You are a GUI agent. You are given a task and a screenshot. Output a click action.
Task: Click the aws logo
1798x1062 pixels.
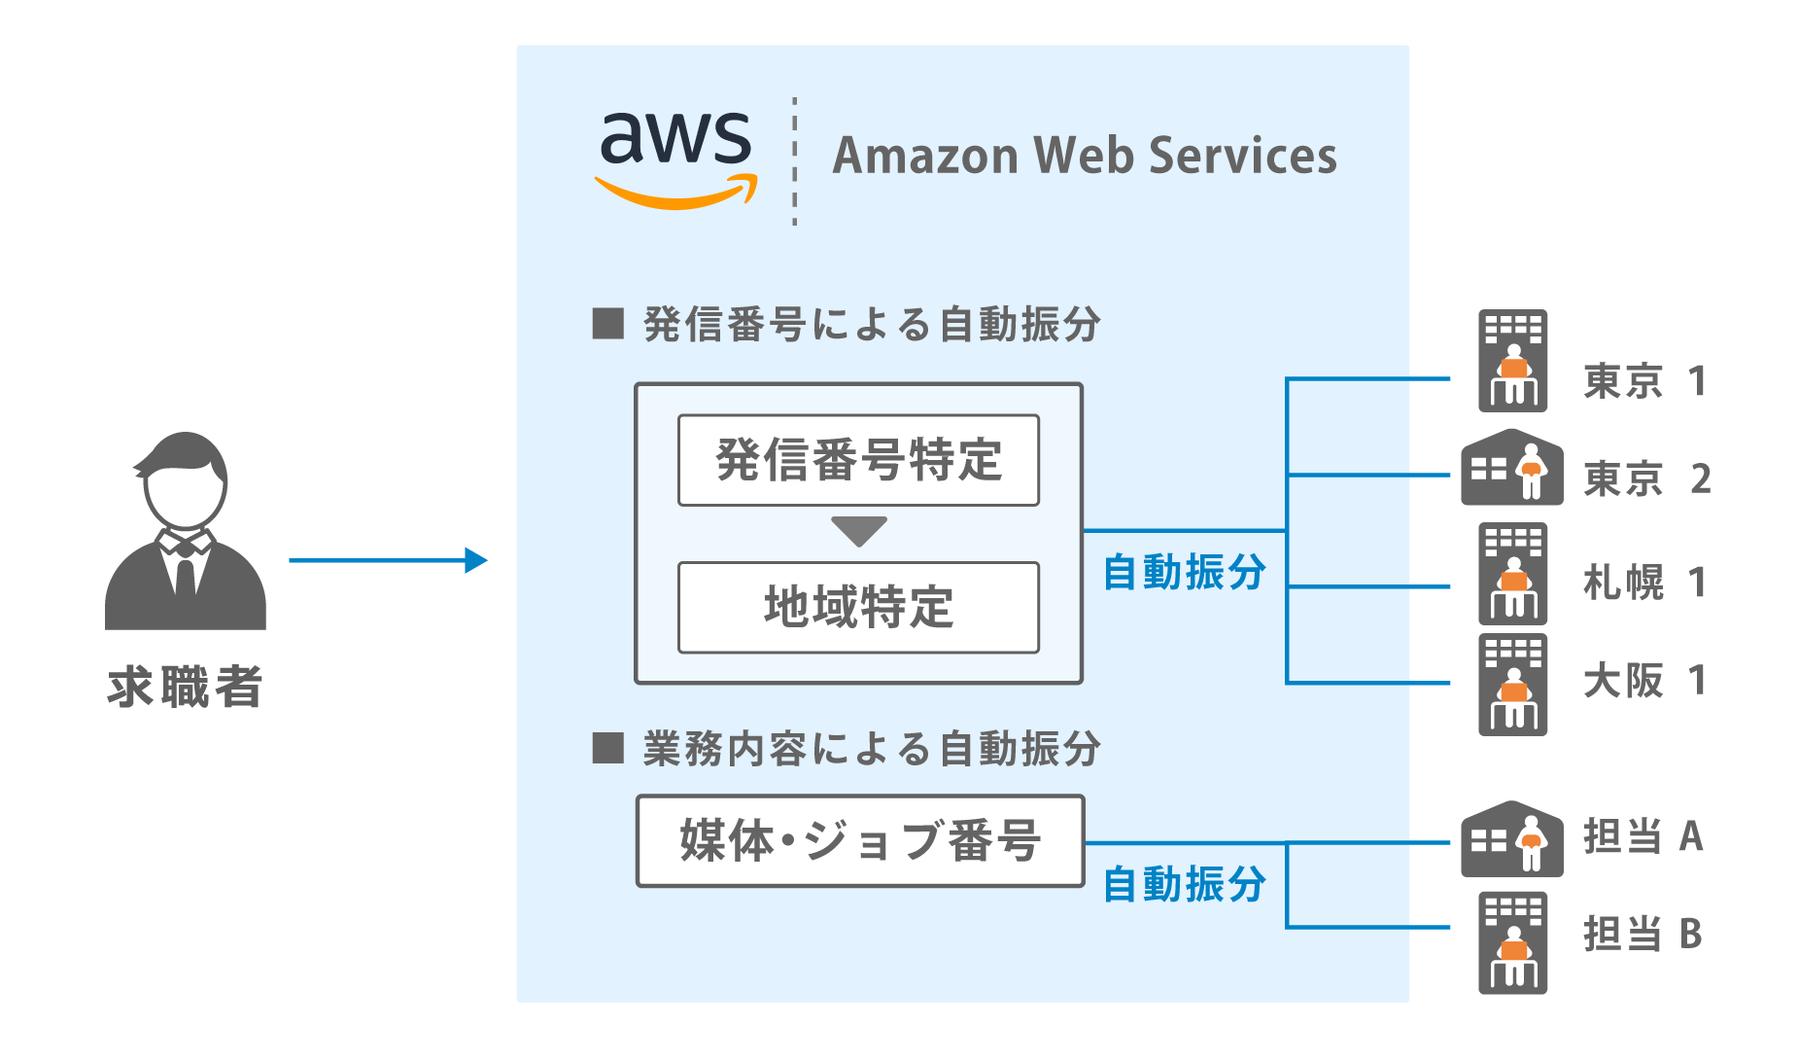tap(676, 159)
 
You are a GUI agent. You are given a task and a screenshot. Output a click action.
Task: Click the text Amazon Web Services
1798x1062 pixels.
tap(1085, 156)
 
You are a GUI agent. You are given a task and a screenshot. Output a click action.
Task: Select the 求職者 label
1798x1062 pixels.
tap(185, 687)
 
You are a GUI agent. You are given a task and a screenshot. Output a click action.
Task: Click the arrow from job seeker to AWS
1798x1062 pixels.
tap(388, 560)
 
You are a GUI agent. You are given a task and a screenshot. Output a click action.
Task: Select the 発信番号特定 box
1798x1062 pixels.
tap(858, 460)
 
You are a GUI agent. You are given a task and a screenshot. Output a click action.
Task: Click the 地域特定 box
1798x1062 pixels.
tap(858, 607)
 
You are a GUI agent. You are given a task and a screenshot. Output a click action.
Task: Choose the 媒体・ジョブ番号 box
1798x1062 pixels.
tap(860, 841)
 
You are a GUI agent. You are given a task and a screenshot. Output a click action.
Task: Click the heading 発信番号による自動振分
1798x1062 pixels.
tap(871, 325)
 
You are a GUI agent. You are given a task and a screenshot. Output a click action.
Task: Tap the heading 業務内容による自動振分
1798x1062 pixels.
tap(871, 750)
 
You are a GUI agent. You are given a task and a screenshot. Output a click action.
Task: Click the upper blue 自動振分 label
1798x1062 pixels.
tap(1184, 572)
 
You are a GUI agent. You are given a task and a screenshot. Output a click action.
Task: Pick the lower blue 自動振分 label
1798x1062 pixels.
tap(1184, 885)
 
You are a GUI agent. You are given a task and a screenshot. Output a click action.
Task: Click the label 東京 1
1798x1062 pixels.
tap(1644, 381)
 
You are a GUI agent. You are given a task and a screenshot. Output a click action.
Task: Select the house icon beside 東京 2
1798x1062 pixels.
tap(1512, 468)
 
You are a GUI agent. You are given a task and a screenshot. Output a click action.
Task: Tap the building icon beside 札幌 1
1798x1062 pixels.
tap(1513, 574)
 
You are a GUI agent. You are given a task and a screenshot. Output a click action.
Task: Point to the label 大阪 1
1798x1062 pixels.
tap(1644, 681)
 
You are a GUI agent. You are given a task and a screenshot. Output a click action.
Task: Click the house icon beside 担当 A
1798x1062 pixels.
tap(1512, 838)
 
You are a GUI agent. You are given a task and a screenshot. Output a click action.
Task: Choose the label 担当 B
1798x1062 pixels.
tap(1642, 934)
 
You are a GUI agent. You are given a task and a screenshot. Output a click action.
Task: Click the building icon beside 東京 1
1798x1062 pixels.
tap(1513, 361)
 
